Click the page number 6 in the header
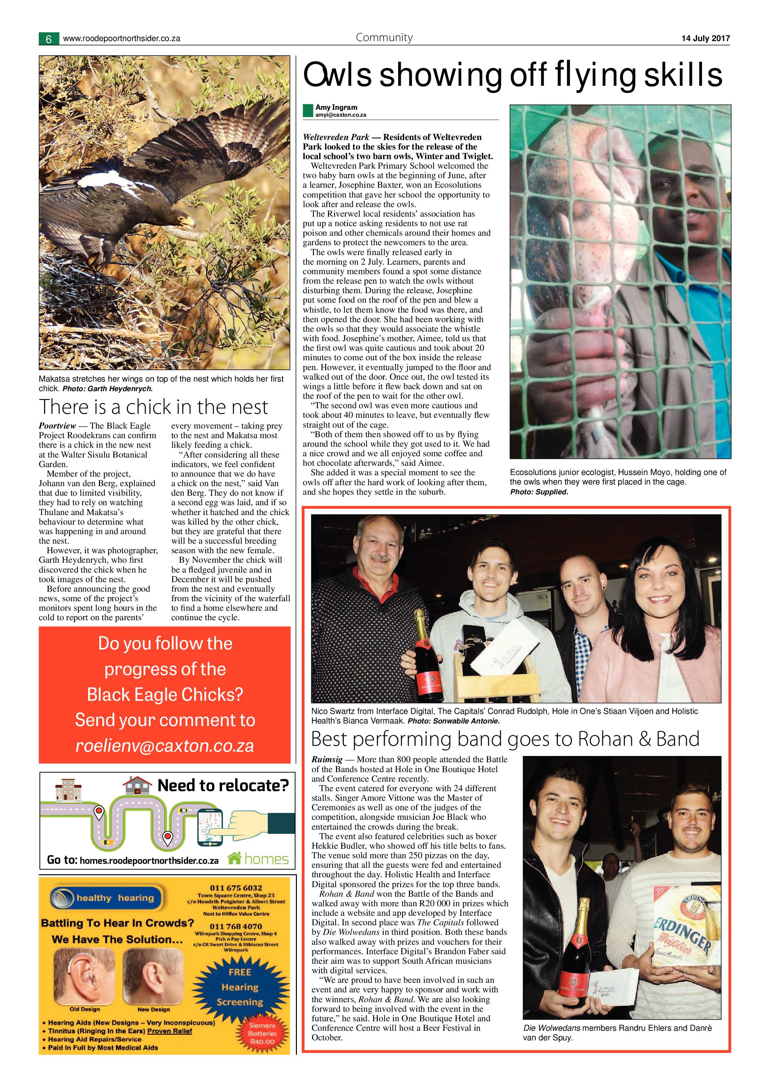coord(49,39)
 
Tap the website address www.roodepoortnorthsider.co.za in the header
coord(121,39)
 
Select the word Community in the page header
coord(384,37)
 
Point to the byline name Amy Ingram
coord(336,107)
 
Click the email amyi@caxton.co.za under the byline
coord(341,115)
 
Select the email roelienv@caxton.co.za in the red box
coord(165,746)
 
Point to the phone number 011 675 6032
coord(236,888)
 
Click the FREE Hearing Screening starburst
coord(240,987)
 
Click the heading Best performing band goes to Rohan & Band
coord(505,739)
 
